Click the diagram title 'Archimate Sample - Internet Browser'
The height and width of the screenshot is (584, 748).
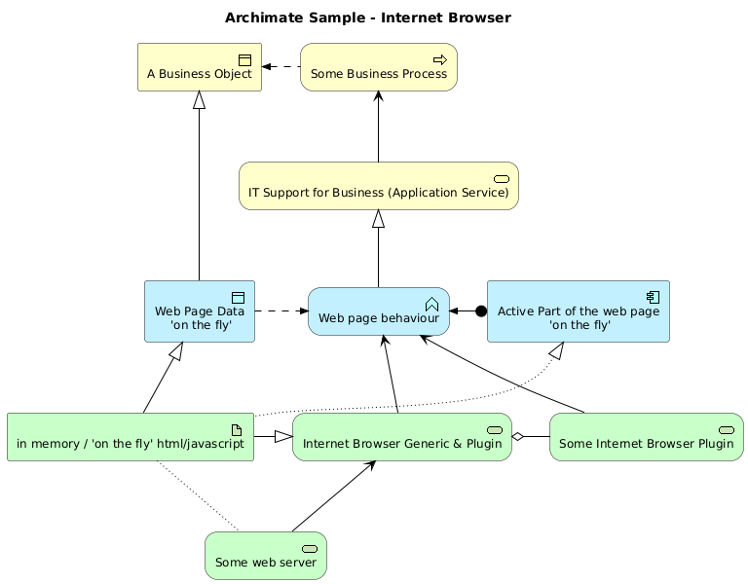[367, 18]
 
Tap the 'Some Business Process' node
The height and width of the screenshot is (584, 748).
[379, 67]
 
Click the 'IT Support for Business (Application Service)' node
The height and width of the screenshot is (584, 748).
[379, 186]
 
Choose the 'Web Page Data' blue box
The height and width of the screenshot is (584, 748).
[200, 311]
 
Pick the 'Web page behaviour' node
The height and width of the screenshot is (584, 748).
[379, 311]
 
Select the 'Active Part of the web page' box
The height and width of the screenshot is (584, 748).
[579, 311]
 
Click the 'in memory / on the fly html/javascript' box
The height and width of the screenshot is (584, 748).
[131, 437]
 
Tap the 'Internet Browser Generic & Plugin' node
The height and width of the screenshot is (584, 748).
[401, 437]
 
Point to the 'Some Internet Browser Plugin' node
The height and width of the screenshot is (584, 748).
[647, 437]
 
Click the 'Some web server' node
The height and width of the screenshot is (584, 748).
[266, 556]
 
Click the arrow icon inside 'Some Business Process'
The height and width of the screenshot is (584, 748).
[439, 60]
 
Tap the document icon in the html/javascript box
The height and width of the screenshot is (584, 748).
[236, 430]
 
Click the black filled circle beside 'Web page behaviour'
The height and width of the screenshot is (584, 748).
[480, 311]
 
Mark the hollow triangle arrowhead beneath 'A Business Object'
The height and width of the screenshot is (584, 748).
[200, 98]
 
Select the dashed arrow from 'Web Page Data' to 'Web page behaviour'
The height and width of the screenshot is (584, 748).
[280, 311]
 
